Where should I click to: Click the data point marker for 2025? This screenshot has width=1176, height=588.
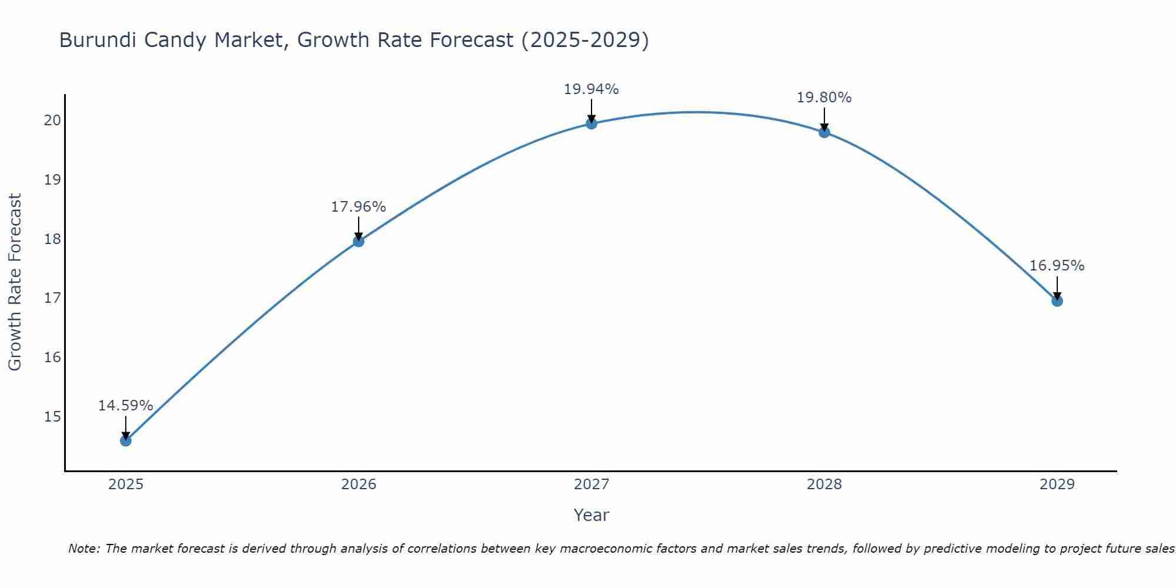(x=126, y=440)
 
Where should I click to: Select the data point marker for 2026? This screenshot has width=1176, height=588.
(x=359, y=241)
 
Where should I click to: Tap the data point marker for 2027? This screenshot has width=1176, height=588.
(x=592, y=123)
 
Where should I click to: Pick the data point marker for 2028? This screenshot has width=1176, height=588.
(x=824, y=132)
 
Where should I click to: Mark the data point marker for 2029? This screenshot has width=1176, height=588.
(x=1057, y=301)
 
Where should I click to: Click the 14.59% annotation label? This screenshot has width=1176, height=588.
(x=125, y=406)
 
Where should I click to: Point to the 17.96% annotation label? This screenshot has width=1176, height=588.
(x=358, y=207)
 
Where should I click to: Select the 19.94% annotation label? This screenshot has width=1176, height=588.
(x=591, y=89)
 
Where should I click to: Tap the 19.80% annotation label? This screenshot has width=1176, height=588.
(x=824, y=98)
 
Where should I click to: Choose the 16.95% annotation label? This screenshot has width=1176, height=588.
(x=1057, y=266)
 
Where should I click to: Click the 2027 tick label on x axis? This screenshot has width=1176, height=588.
(x=592, y=485)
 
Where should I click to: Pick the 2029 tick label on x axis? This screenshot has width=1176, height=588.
(x=1057, y=485)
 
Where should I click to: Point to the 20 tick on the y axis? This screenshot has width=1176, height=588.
(x=52, y=121)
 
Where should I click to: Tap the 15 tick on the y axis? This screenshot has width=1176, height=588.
(x=52, y=417)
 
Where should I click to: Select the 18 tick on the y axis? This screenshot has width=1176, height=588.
(x=52, y=239)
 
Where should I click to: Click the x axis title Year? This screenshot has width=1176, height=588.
(x=591, y=515)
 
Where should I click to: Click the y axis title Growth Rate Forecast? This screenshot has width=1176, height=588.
(x=15, y=282)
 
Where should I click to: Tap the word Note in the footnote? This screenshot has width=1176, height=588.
(x=84, y=549)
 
